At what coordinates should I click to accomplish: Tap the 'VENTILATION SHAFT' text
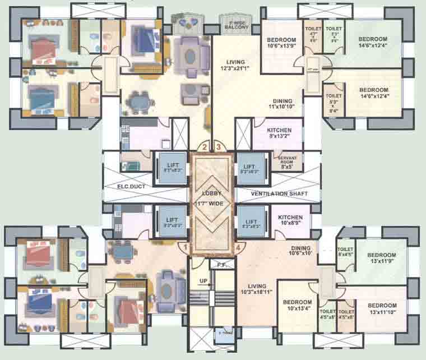(274, 193)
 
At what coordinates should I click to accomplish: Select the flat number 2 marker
(205, 147)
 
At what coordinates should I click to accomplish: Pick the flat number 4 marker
(238, 246)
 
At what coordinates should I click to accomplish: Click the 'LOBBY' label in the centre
(212, 193)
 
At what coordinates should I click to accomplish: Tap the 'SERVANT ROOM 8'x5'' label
(287, 162)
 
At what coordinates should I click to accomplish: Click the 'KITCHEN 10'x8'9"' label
(290, 220)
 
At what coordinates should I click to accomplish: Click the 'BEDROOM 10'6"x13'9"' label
(281, 43)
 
